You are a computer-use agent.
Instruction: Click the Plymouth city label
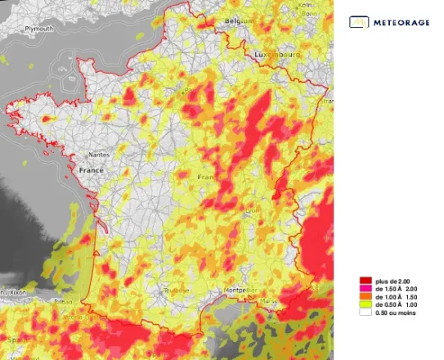point(39,28)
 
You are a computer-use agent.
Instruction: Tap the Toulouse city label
point(176,290)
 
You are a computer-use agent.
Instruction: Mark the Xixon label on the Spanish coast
point(15,292)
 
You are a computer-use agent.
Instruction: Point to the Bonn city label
point(308,14)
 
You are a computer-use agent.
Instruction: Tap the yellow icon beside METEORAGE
point(358,22)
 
